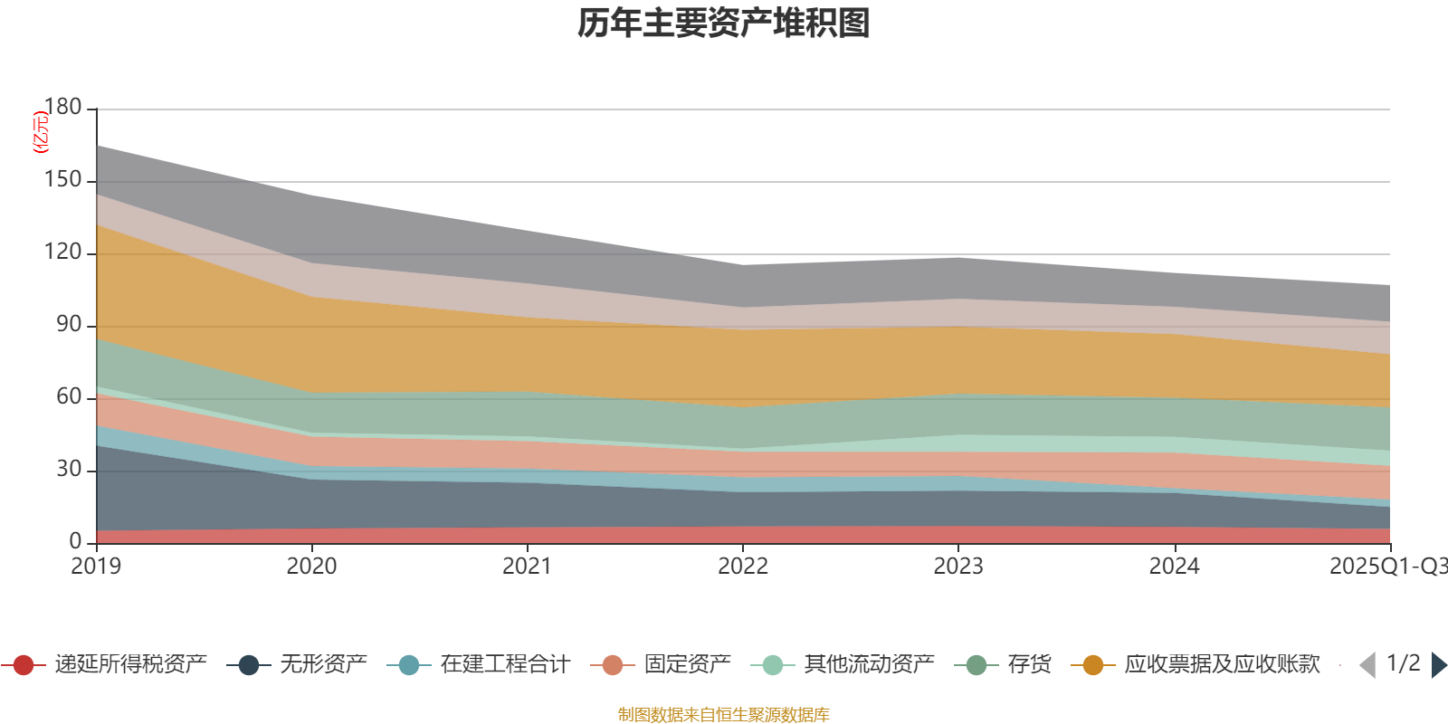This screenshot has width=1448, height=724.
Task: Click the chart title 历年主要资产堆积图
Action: coord(724,24)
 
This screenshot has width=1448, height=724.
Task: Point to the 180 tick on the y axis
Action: coord(63,107)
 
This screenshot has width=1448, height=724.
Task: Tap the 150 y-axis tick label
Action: coord(63,179)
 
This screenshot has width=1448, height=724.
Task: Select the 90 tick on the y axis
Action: coord(69,324)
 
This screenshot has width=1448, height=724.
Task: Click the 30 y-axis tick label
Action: coord(69,469)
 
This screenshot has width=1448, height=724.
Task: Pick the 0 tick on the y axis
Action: coord(76,541)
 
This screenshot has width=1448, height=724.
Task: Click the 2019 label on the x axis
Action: coord(96,567)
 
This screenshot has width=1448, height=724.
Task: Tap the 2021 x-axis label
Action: coord(527,567)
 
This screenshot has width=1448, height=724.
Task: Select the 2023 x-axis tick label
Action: coord(958,567)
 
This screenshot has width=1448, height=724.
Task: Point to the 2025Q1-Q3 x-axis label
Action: coord(1386,567)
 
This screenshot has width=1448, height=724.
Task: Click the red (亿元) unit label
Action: coord(40,132)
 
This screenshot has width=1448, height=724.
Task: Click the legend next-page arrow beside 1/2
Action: coord(1438,665)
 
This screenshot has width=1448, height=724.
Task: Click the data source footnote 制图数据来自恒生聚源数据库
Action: coord(724,715)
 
